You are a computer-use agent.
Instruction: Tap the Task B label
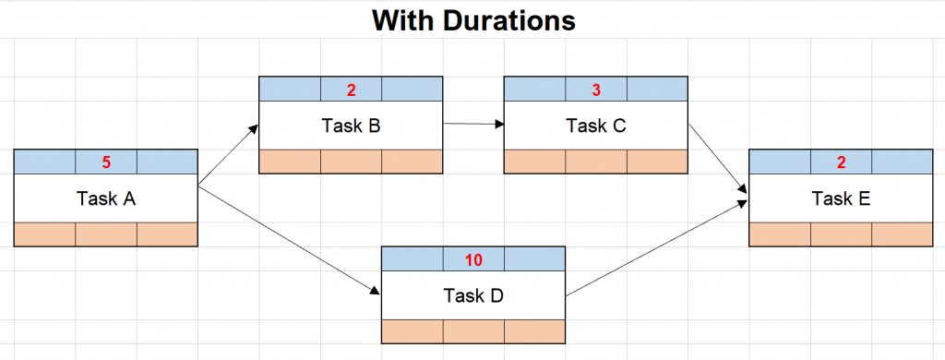[351, 125]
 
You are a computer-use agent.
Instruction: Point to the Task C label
[596, 125]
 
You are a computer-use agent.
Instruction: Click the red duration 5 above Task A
[106, 162]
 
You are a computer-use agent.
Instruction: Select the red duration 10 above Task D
[473, 260]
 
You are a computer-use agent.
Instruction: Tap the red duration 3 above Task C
[596, 90]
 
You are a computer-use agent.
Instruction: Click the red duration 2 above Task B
[351, 90]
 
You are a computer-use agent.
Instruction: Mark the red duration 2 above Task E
[841, 162]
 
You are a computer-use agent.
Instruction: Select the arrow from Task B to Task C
[472, 123]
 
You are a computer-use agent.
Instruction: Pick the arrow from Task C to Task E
[718, 159]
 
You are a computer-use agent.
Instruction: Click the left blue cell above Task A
[44, 162]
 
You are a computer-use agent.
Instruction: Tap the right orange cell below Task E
[902, 234]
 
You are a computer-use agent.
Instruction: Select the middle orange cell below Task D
[473, 330]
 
